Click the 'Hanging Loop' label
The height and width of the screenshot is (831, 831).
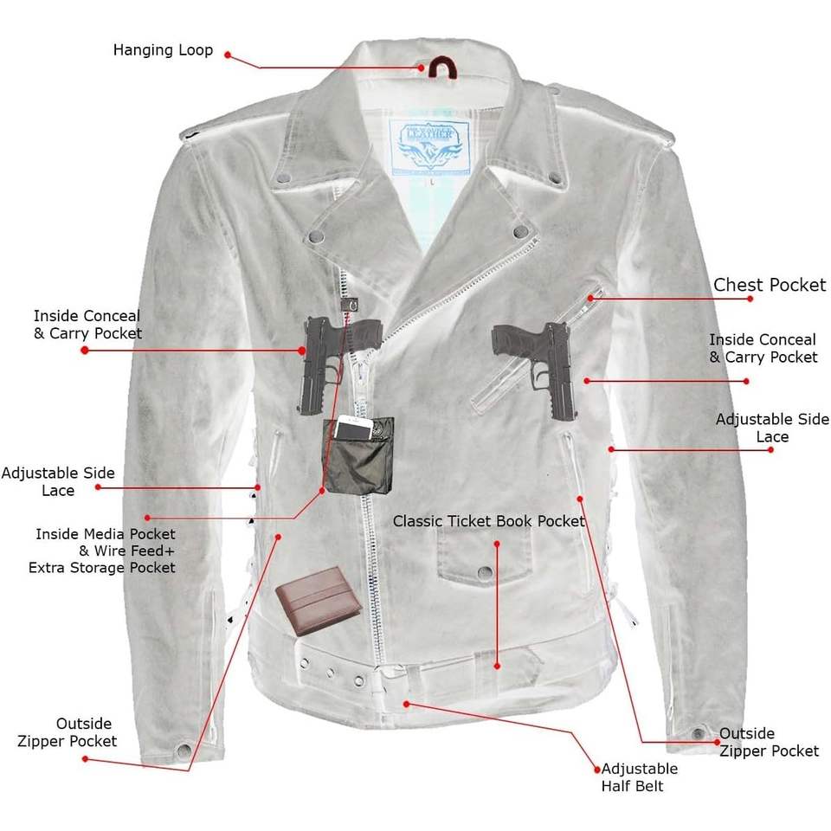pyautogui.click(x=163, y=50)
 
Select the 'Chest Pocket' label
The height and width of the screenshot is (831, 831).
pyautogui.click(x=770, y=285)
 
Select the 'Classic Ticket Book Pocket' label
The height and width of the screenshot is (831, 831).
pyautogui.click(x=488, y=521)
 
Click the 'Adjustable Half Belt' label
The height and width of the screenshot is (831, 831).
pyautogui.click(x=640, y=777)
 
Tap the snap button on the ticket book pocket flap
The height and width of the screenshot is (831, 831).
pyautogui.click(x=486, y=571)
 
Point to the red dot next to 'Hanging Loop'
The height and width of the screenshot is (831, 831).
pyautogui.click(x=229, y=55)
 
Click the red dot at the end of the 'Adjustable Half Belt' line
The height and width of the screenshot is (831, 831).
pyautogui.click(x=596, y=769)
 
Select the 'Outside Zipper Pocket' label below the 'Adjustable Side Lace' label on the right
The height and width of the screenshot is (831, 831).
pyautogui.click(x=769, y=742)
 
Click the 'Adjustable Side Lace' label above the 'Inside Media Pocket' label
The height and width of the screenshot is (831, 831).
pyautogui.click(x=58, y=482)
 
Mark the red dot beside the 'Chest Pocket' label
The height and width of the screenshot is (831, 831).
pyautogui.click(x=750, y=298)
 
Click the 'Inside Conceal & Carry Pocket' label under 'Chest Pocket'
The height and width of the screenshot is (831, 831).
pyautogui.click(x=762, y=349)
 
